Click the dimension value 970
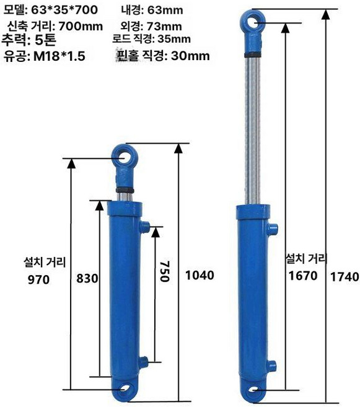click(38, 279)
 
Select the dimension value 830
click(87, 279)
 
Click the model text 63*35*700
click(64, 10)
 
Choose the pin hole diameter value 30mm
click(190, 56)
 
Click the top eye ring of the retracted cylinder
click(125, 158)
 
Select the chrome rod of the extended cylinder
click(254, 130)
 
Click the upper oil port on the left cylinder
click(146, 227)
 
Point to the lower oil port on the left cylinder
click(144, 361)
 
